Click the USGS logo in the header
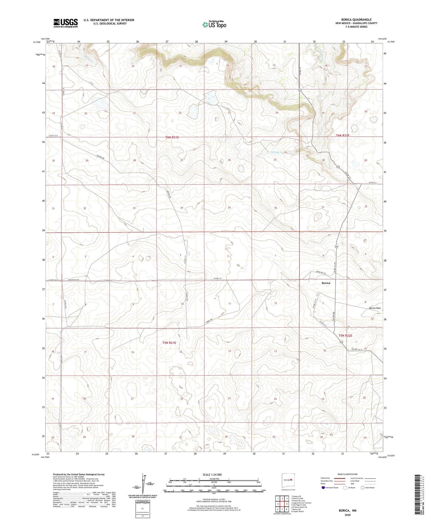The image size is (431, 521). pyautogui.click(x=66, y=23)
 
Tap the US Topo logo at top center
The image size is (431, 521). pyautogui.click(x=214, y=24)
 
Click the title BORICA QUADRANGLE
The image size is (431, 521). pyautogui.click(x=356, y=20)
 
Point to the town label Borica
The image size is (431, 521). pyautogui.click(x=326, y=283)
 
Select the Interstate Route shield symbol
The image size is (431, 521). pyautogui.click(x=323, y=488)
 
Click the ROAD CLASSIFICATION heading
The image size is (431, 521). pyautogui.click(x=347, y=474)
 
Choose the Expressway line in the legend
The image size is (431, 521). pyautogui.click(x=339, y=478)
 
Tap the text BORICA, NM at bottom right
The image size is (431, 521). pyautogui.click(x=347, y=511)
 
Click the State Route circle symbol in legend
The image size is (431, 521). pyautogui.click(x=362, y=488)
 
